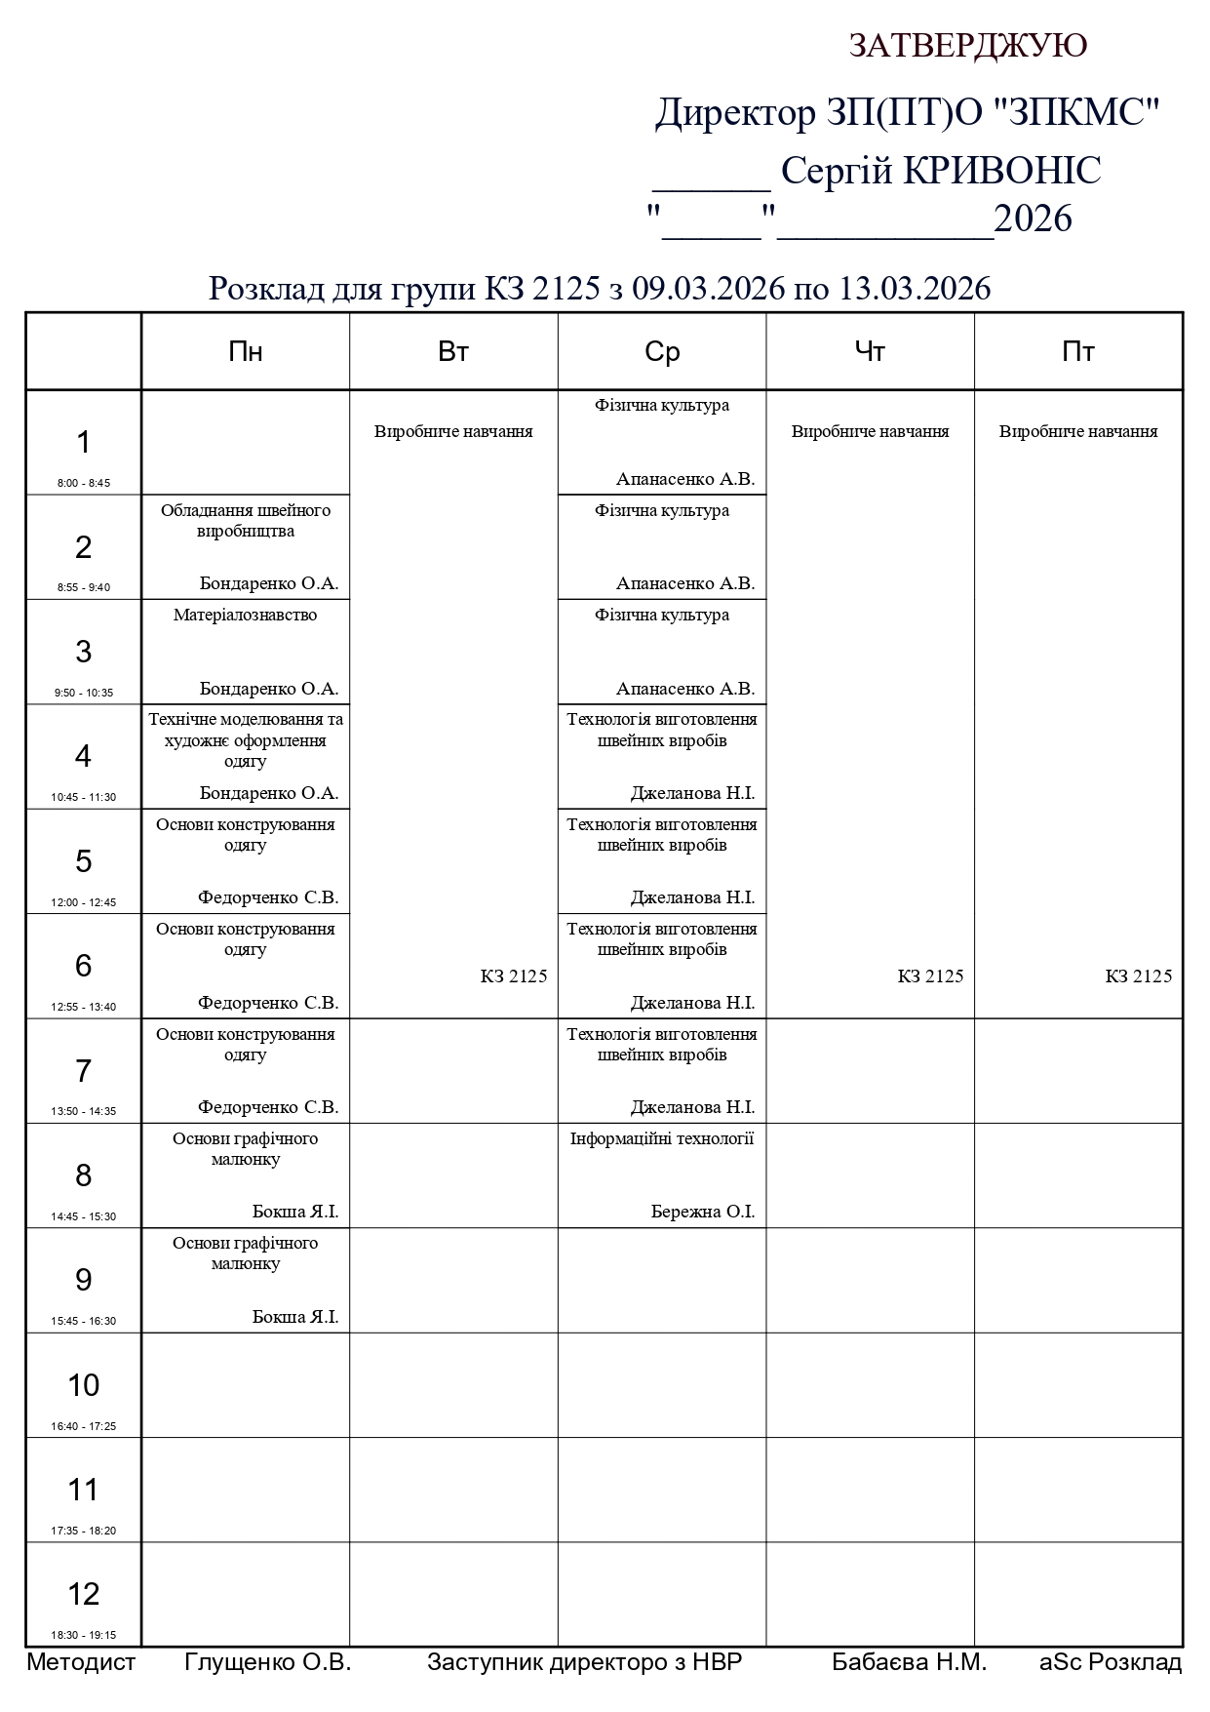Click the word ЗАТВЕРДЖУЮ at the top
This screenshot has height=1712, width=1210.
(967, 46)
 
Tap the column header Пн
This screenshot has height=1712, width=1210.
(246, 352)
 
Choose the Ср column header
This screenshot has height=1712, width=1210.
(662, 352)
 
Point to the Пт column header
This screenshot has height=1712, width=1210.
(1078, 352)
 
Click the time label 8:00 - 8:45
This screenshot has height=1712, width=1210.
(84, 483)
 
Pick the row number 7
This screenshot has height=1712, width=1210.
(84, 1071)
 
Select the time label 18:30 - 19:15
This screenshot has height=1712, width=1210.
(84, 1635)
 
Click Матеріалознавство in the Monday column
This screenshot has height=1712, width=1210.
(246, 616)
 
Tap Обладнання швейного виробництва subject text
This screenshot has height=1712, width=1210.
(246, 521)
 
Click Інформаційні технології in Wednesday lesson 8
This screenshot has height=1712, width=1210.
(662, 1138)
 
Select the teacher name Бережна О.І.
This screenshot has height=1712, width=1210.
(703, 1212)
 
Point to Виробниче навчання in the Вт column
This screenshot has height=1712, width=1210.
(453, 431)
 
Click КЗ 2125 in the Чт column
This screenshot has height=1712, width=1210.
(930, 976)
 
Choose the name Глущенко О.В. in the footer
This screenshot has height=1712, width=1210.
(267, 1662)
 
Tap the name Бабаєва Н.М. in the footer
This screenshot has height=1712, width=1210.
(909, 1662)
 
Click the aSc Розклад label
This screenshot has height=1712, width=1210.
(1111, 1662)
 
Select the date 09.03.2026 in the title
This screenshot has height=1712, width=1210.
(709, 289)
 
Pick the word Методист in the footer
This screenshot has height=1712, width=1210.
(81, 1662)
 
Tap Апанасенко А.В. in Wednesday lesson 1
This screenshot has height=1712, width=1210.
(685, 479)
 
